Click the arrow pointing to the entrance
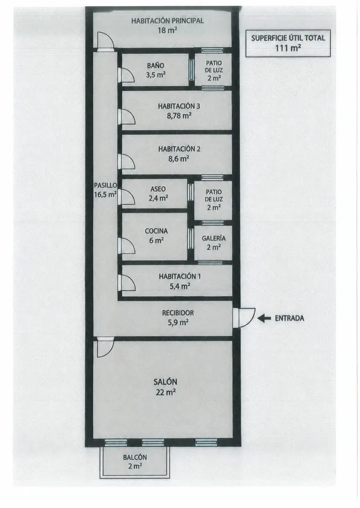click(x=264, y=319)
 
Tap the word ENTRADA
click(x=289, y=319)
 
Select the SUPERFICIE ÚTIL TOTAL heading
click(x=288, y=38)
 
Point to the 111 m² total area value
click(x=288, y=48)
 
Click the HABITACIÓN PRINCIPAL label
click(x=168, y=21)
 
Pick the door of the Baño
click(x=127, y=75)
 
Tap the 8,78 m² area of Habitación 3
click(x=179, y=116)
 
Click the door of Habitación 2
click(x=127, y=161)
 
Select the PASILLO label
click(x=105, y=185)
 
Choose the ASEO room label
click(x=158, y=189)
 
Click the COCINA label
click(x=156, y=231)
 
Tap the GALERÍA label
click(x=213, y=238)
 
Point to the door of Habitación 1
click(x=127, y=283)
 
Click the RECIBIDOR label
click(x=178, y=313)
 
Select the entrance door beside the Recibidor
click(x=244, y=318)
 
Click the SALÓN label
click(x=165, y=382)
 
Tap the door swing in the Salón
click(x=105, y=347)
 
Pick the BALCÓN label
click(x=135, y=457)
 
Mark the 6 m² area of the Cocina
click(x=156, y=241)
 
